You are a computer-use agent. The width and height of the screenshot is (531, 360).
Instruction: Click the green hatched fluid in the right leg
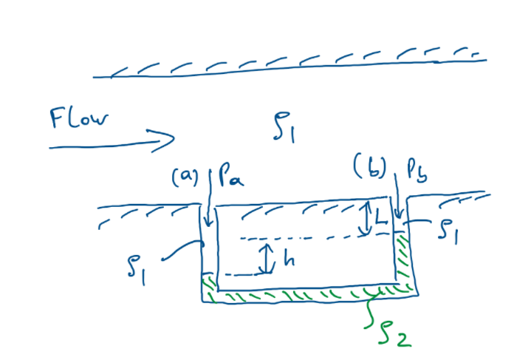(x=403, y=259)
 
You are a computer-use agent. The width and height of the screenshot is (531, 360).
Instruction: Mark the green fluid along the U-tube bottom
(x=303, y=294)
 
